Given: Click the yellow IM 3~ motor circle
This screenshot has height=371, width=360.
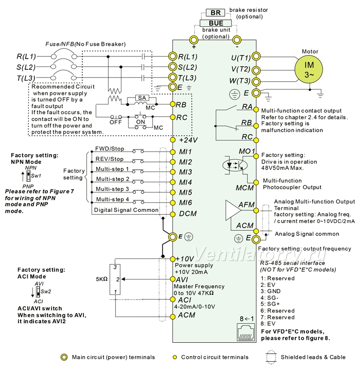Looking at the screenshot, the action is [309, 69].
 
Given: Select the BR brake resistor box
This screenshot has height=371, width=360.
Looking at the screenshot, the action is [215, 12].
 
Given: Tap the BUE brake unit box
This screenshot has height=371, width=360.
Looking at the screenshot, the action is [215, 23].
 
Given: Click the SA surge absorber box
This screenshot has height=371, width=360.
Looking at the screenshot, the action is [142, 98].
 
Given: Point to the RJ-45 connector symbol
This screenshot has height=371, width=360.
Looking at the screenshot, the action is [246, 332].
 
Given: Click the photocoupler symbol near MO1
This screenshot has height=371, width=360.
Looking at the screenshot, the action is [235, 165].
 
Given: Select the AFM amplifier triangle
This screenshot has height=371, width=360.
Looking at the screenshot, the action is [234, 210].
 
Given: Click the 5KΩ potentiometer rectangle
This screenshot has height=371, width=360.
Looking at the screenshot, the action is [115, 280].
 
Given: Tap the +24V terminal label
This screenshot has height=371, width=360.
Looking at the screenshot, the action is [188, 140].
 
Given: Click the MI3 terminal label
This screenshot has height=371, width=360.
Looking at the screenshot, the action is [186, 172].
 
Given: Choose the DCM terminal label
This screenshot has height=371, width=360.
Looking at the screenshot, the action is [188, 213].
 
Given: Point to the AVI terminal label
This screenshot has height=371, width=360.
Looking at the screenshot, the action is [182, 280].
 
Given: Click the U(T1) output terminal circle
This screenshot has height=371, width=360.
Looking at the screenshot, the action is [256, 57].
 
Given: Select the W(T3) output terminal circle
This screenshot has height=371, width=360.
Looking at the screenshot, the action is [256, 82].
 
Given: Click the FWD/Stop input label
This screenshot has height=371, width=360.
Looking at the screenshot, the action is [110, 149].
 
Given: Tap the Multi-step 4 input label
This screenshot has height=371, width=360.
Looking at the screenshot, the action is [113, 199].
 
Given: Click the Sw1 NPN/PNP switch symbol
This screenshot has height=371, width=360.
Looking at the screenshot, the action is [28, 176].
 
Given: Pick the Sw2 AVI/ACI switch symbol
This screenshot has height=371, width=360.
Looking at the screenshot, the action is [38, 292].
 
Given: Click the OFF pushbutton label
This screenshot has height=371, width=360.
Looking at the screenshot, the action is [116, 122].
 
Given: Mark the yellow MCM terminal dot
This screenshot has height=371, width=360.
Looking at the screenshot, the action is [256, 182].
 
